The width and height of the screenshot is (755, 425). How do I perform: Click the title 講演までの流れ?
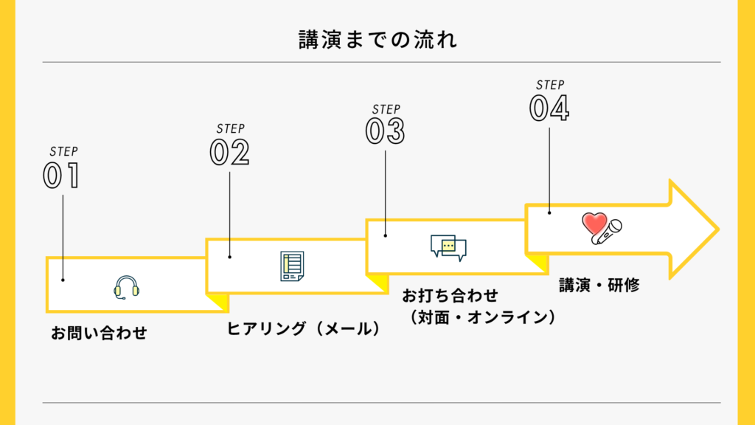(x=377, y=39)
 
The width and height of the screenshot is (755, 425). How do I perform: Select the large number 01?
(x=61, y=176)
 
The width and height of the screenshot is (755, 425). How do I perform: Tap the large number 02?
(x=229, y=153)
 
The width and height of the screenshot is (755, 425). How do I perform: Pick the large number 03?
(x=385, y=131)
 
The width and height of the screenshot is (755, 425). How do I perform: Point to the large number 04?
(x=549, y=108)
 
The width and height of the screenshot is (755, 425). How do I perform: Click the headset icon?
(x=127, y=287)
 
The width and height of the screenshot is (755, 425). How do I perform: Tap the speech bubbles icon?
(x=448, y=247)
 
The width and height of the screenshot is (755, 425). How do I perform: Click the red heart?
(x=594, y=222)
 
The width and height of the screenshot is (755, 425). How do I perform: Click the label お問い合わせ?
(x=99, y=334)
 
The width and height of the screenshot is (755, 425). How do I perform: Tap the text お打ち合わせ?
(x=450, y=297)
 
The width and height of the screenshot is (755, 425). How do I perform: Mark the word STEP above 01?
(x=63, y=151)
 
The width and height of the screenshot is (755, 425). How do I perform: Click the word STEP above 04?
(x=549, y=85)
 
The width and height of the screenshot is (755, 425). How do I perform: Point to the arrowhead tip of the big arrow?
(x=716, y=229)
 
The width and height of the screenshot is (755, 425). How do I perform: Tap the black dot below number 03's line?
(x=386, y=235)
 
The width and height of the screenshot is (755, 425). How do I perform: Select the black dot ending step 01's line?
(x=63, y=280)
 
